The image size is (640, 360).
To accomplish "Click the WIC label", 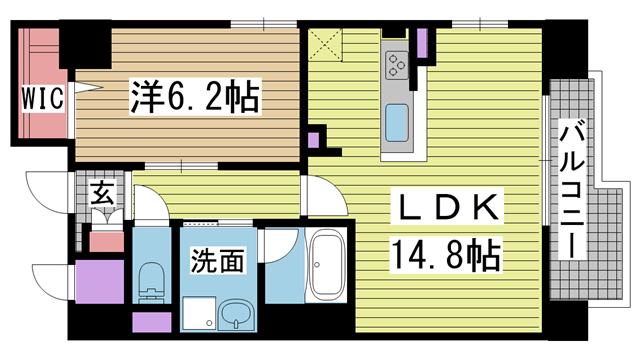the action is click(x=43, y=98).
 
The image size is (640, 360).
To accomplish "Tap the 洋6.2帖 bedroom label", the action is click(x=195, y=97).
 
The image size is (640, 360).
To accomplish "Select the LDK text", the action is click(x=445, y=207).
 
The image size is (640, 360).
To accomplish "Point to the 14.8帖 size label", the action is click(x=446, y=256).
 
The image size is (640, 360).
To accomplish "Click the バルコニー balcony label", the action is click(x=572, y=189).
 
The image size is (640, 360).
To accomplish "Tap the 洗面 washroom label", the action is click(x=218, y=260).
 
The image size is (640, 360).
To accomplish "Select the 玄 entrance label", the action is click(x=102, y=194).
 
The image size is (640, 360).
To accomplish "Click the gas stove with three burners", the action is click(x=396, y=65).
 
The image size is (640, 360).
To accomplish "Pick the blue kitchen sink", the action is click(x=397, y=123).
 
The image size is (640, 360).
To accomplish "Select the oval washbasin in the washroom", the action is click(x=236, y=315).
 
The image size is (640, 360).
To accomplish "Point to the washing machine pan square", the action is click(x=199, y=313).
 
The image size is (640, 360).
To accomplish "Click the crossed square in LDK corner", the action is click(x=325, y=45).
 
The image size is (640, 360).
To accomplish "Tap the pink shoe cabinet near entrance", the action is click(x=107, y=242).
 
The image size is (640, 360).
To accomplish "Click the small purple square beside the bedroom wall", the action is click(x=313, y=140).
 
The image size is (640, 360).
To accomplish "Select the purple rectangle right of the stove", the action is click(x=422, y=43).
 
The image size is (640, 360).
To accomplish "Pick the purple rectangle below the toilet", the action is click(x=151, y=322).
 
